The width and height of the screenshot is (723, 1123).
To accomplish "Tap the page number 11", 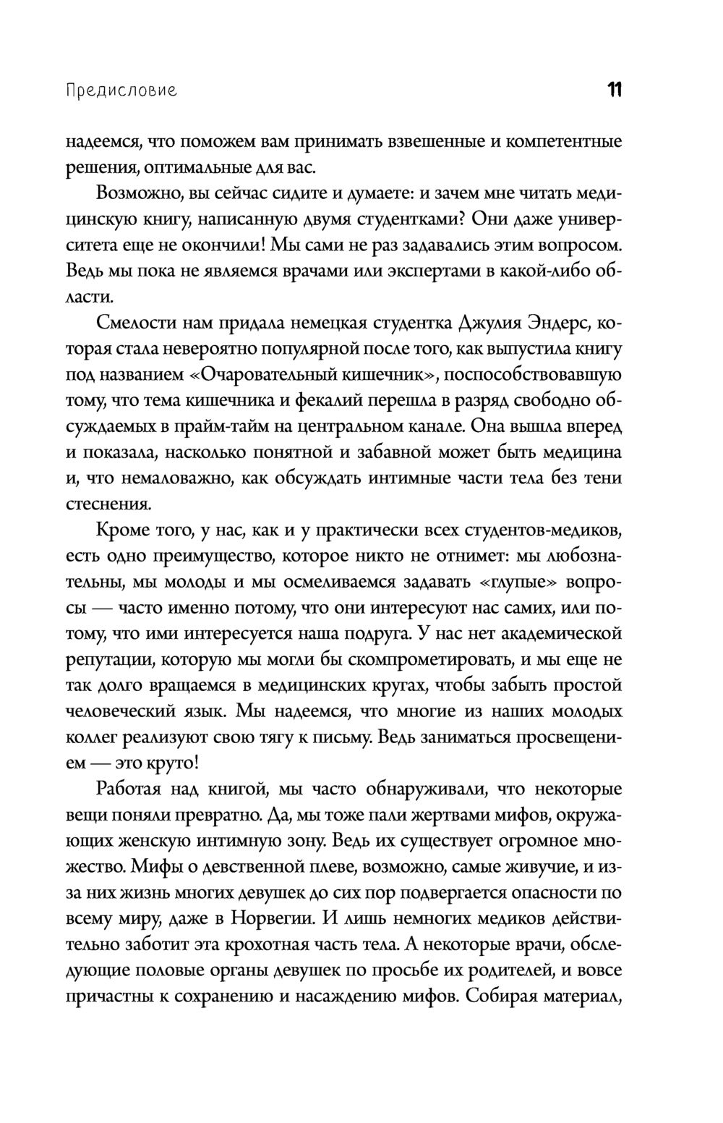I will pos(615,90).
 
